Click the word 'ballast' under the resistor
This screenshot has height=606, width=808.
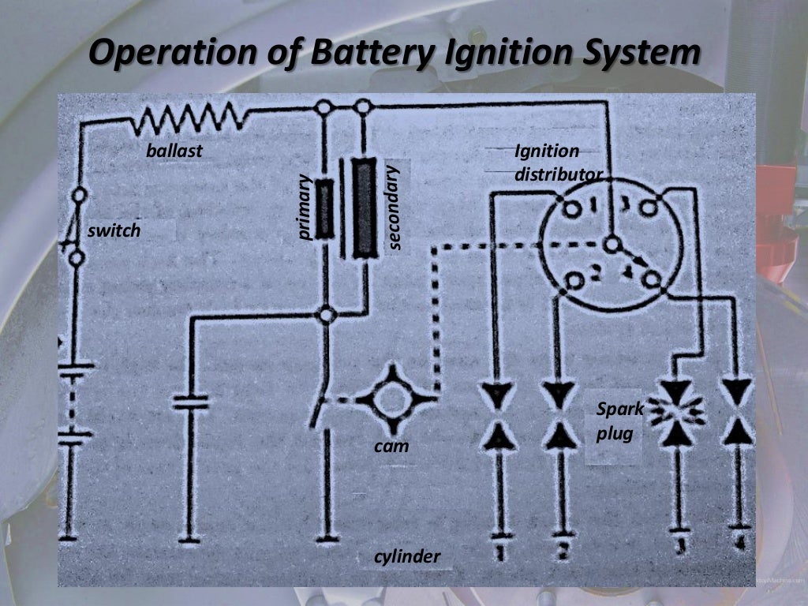click(174, 151)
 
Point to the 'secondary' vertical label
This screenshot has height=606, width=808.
click(395, 207)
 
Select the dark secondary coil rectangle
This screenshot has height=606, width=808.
click(364, 208)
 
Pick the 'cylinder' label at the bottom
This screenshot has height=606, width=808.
click(407, 557)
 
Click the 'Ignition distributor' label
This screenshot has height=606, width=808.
click(557, 162)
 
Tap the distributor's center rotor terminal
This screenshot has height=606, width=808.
click(611, 245)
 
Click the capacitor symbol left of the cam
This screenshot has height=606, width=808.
click(190, 402)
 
